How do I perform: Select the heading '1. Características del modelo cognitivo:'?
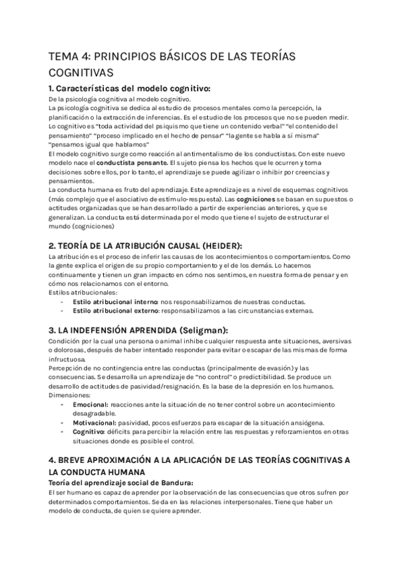click(130, 89)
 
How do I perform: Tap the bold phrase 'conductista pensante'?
click(131, 162)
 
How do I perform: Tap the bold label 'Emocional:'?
click(90, 405)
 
